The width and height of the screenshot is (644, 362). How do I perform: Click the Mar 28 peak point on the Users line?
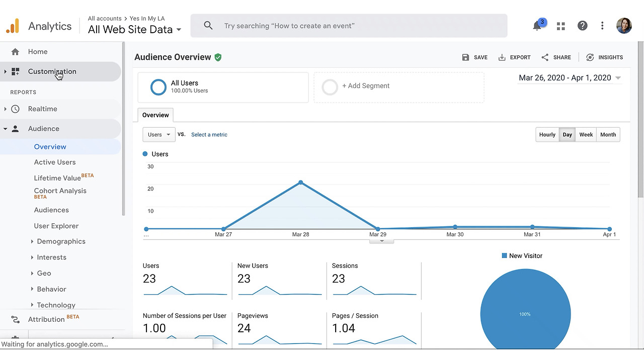pos(301,183)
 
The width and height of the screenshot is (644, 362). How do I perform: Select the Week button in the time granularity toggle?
pos(586,134)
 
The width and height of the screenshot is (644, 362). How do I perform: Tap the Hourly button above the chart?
pos(547,134)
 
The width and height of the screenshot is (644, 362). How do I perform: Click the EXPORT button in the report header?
pos(514,57)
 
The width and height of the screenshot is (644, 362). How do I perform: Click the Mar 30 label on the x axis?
pos(455,234)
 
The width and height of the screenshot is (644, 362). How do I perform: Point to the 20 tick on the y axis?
pos(150,189)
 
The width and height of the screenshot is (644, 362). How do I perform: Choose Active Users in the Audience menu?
pos(55,162)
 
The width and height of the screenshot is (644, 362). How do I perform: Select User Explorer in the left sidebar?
pos(56,226)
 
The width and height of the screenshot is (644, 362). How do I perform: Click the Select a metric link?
pos(209,134)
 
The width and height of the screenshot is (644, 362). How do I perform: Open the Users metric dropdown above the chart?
pos(159,134)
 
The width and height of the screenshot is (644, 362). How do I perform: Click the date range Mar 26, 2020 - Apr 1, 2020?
pos(565,78)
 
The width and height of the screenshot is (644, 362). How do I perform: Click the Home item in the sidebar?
pos(38,52)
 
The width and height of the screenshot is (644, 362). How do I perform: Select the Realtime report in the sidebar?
pos(43,109)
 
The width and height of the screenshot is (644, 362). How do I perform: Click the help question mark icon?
pos(582,26)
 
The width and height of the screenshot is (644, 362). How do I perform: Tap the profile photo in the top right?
pos(624,26)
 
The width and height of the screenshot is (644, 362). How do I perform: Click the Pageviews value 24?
pos(244,328)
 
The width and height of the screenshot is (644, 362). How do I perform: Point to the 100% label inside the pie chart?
pos(525,314)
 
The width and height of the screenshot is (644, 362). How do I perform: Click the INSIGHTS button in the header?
pos(604,57)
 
